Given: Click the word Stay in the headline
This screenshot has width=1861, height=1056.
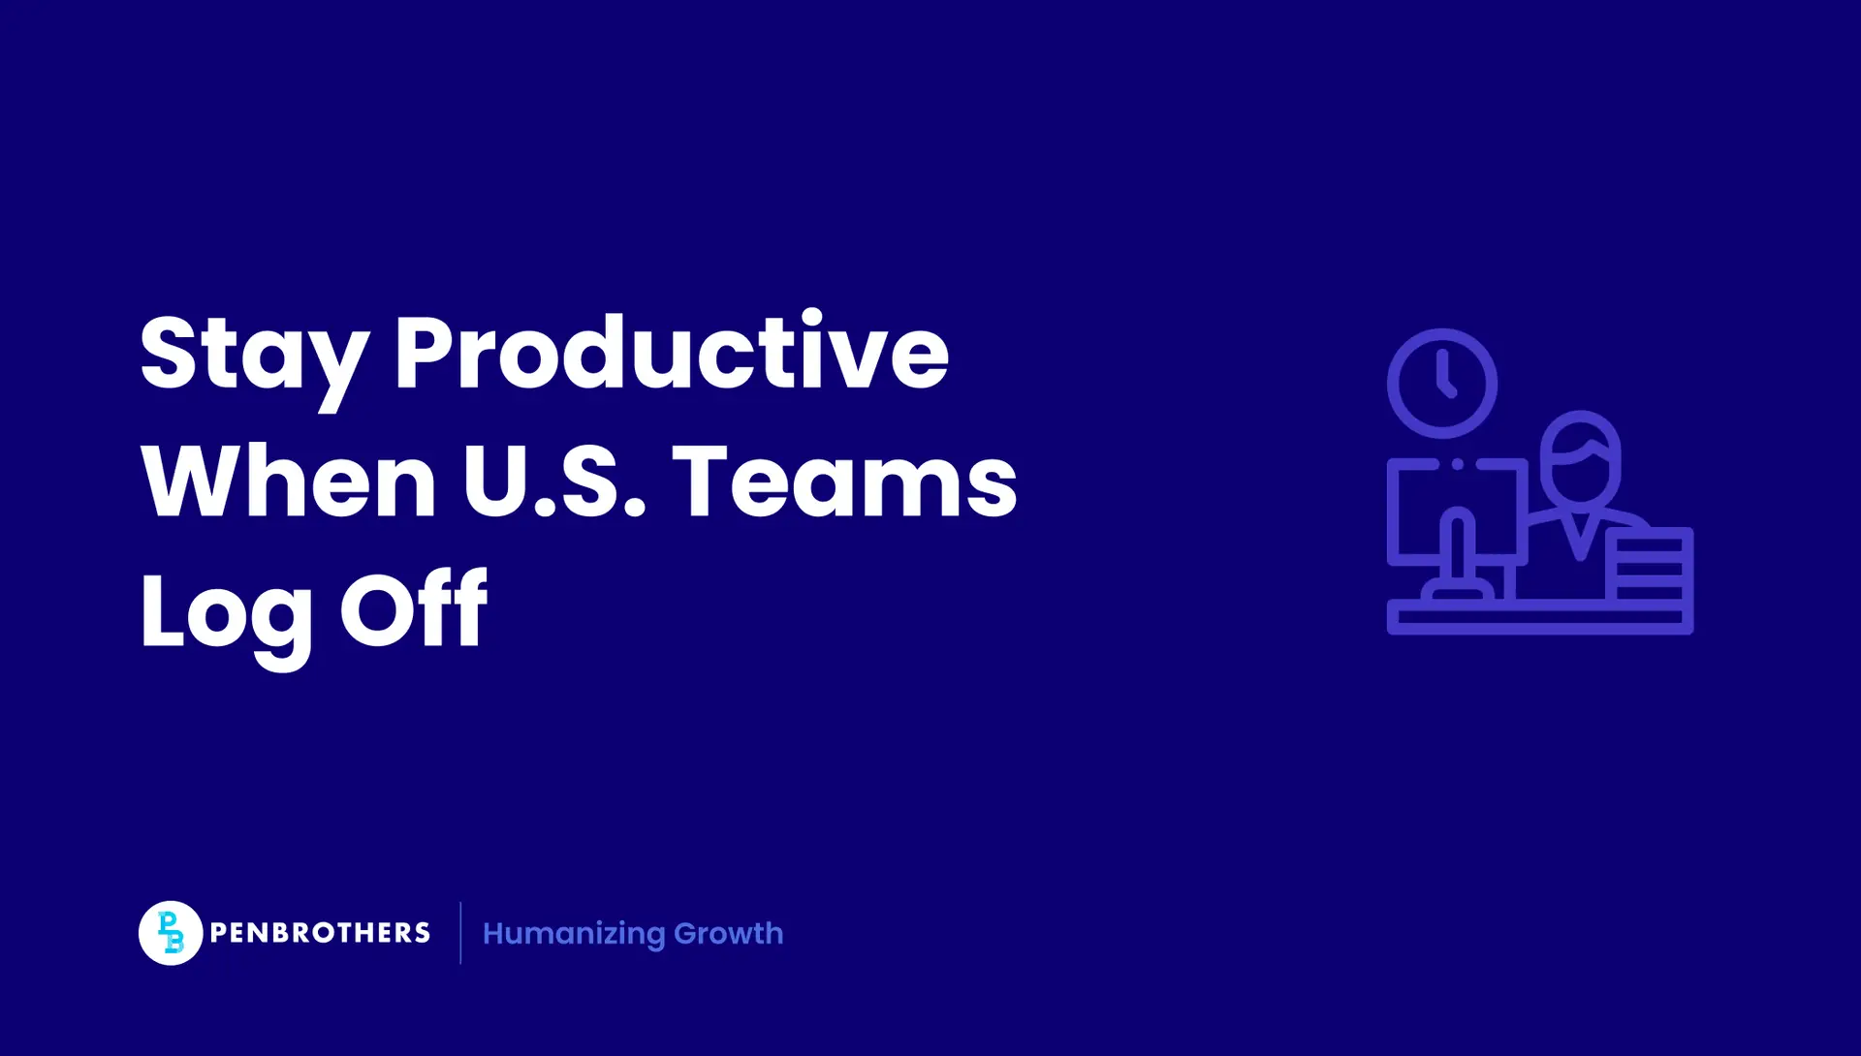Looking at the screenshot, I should [x=254, y=354].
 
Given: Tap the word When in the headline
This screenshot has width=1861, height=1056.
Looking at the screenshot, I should [x=289, y=481].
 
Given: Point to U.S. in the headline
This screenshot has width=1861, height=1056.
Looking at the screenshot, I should [x=553, y=481].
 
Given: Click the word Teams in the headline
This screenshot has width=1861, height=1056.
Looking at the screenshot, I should [x=844, y=481].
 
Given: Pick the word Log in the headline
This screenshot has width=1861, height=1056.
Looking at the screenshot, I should [x=226, y=612].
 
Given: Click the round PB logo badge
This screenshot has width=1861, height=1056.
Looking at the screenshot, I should [x=171, y=933].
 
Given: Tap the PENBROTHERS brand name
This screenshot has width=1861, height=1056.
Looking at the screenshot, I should [x=320, y=933].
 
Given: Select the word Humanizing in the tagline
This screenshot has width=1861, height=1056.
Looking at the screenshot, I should [x=574, y=934].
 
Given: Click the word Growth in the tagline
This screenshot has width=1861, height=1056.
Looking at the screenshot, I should [x=729, y=933].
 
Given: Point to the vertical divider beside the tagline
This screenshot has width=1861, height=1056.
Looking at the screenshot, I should [x=460, y=933].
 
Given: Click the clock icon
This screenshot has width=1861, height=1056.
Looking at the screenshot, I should [x=1442, y=384].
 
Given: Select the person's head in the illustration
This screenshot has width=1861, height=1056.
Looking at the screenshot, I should [x=1581, y=456].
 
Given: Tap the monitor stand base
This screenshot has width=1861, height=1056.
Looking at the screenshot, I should [x=1457, y=591].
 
